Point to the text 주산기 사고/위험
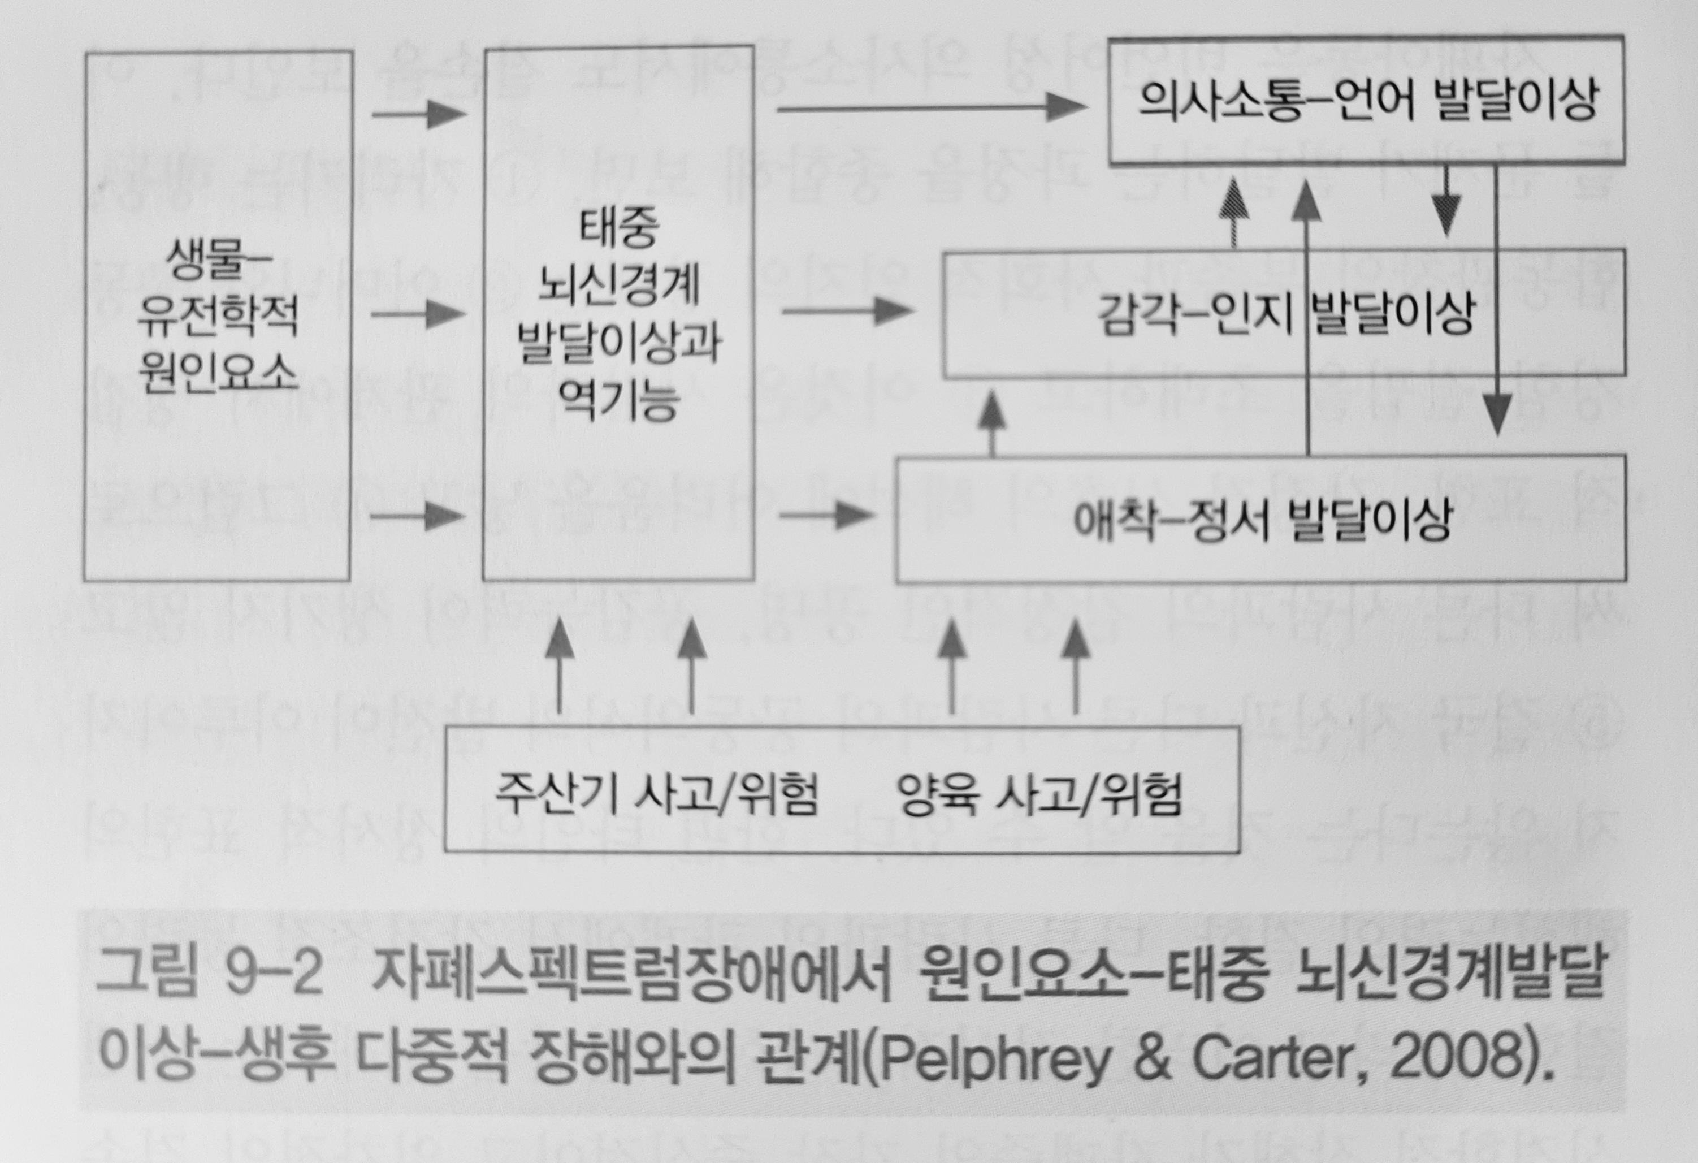(656, 793)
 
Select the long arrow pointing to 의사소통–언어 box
(932, 109)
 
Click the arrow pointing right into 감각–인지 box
(847, 312)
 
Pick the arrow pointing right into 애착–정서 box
(826, 515)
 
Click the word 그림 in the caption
(147, 974)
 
